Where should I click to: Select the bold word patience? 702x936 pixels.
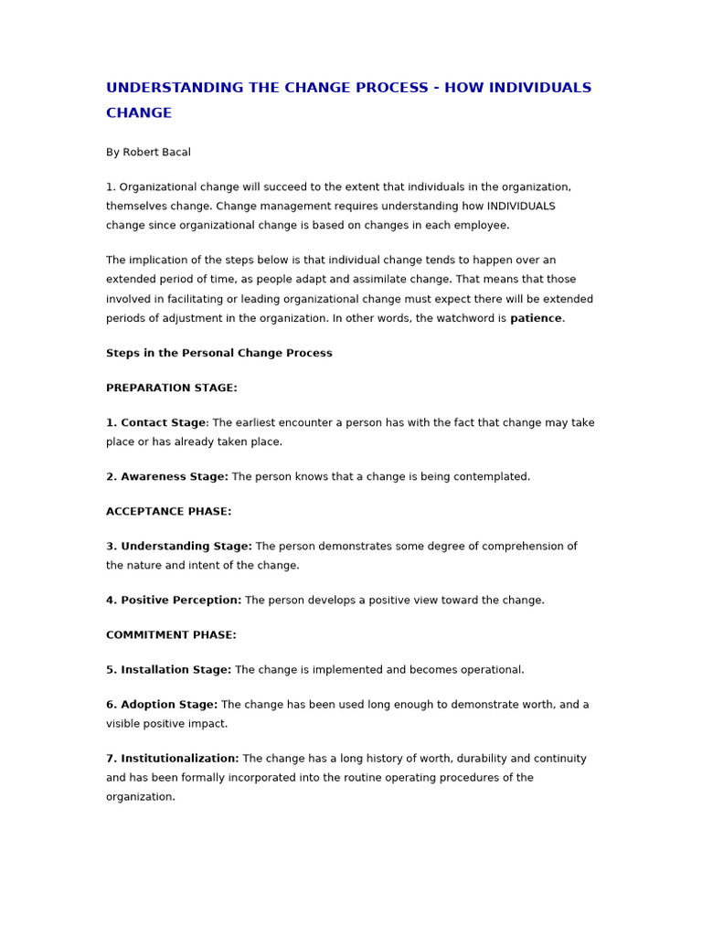536,319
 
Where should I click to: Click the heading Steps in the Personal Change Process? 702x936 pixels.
219,354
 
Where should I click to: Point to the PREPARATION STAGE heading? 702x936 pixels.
172,388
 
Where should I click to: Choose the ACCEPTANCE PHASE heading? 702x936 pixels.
169,512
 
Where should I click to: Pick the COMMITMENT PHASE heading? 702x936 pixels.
171,635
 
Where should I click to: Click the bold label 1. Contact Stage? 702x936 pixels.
156,423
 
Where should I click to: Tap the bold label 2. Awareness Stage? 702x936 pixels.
167,477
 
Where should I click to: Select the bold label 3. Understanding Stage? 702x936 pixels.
179,547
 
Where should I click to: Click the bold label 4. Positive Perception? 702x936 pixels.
174,601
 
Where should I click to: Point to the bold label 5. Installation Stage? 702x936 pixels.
169,670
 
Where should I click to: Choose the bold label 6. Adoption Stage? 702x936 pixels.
162,705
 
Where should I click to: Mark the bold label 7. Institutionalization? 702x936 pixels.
173,759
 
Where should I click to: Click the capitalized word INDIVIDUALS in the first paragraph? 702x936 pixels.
521,207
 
